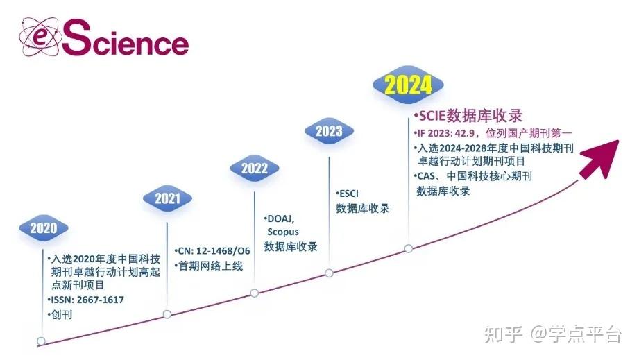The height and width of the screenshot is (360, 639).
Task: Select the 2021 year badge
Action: click(x=167, y=198)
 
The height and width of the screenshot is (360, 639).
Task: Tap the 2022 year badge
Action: click(x=254, y=168)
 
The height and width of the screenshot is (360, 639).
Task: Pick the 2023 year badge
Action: click(x=328, y=131)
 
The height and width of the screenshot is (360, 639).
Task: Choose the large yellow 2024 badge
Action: click(x=408, y=85)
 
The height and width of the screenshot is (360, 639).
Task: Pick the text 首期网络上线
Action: click(x=210, y=266)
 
